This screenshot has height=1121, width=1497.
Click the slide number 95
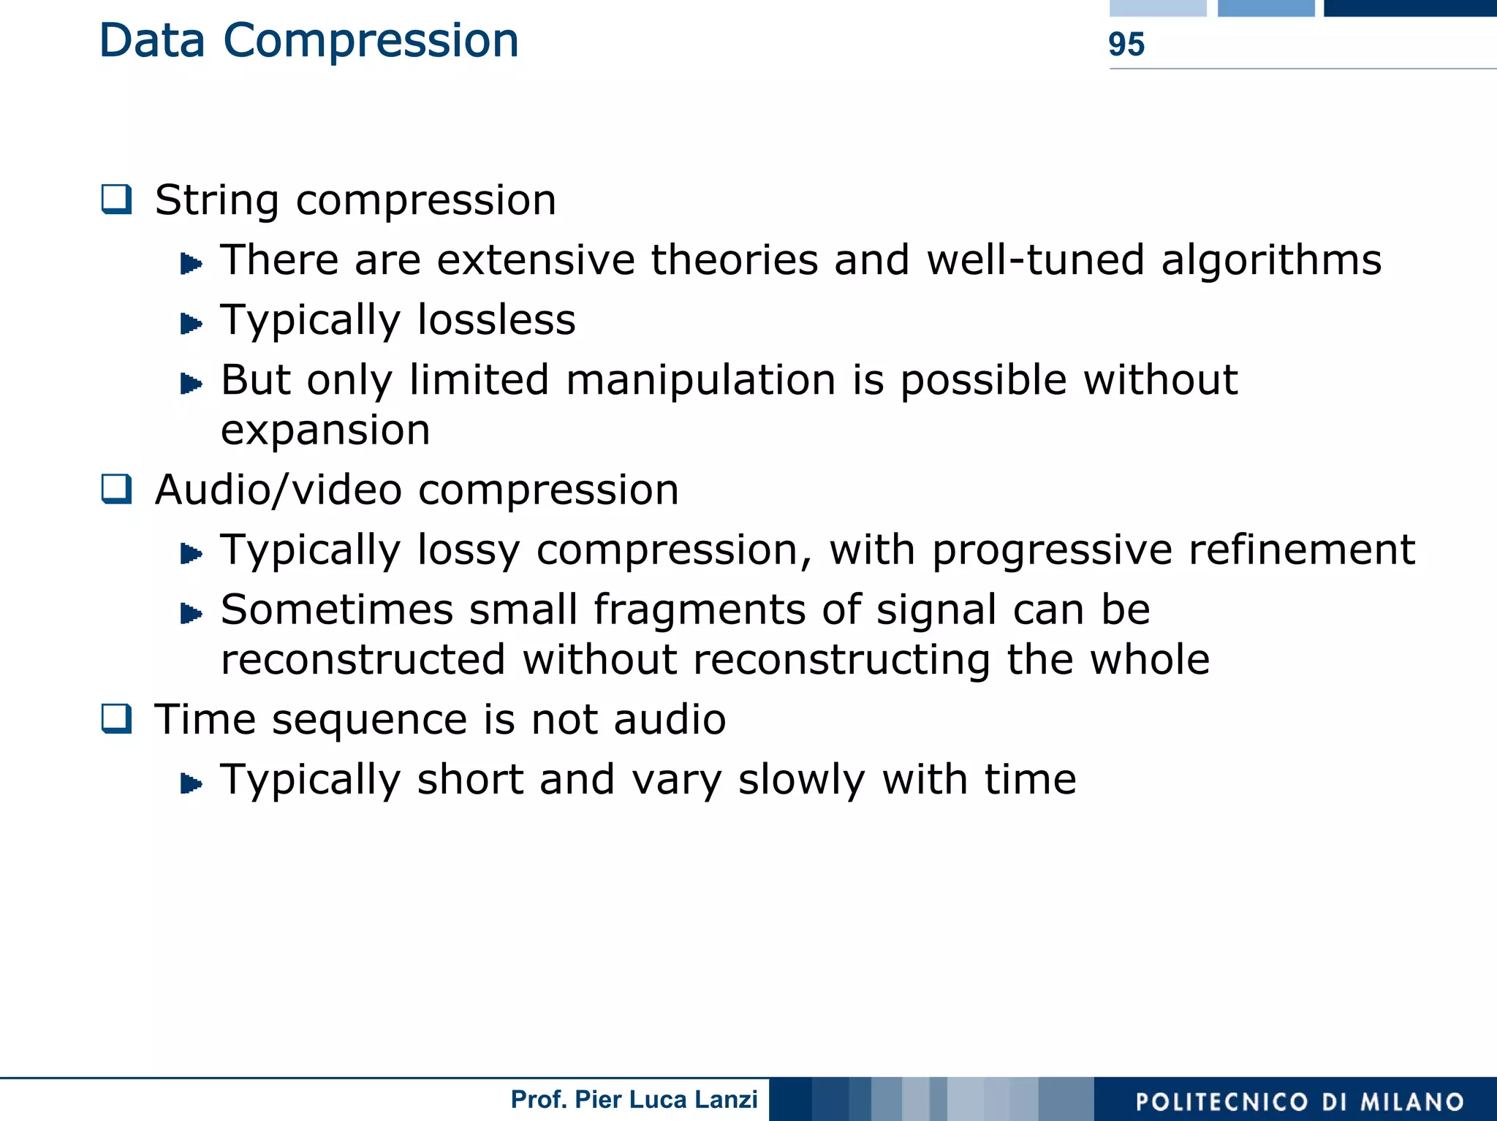click(1126, 45)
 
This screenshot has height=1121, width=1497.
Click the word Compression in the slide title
click(371, 41)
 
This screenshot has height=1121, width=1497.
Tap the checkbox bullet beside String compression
click(117, 199)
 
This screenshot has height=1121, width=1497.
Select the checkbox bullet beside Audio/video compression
click(117, 489)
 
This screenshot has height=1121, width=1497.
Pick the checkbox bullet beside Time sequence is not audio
click(117, 718)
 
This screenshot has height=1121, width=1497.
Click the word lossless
click(496, 320)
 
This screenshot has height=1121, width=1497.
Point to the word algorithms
click(1271, 261)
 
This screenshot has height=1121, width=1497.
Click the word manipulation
click(700, 381)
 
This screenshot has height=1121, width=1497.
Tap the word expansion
click(325, 430)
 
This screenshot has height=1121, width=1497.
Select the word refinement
click(1301, 550)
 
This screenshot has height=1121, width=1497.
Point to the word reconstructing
click(841, 660)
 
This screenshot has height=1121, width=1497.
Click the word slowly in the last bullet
click(801, 780)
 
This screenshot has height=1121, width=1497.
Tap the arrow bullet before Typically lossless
click(191, 322)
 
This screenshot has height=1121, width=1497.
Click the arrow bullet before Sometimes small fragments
click(191, 612)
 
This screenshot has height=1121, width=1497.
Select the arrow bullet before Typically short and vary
click(191, 783)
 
